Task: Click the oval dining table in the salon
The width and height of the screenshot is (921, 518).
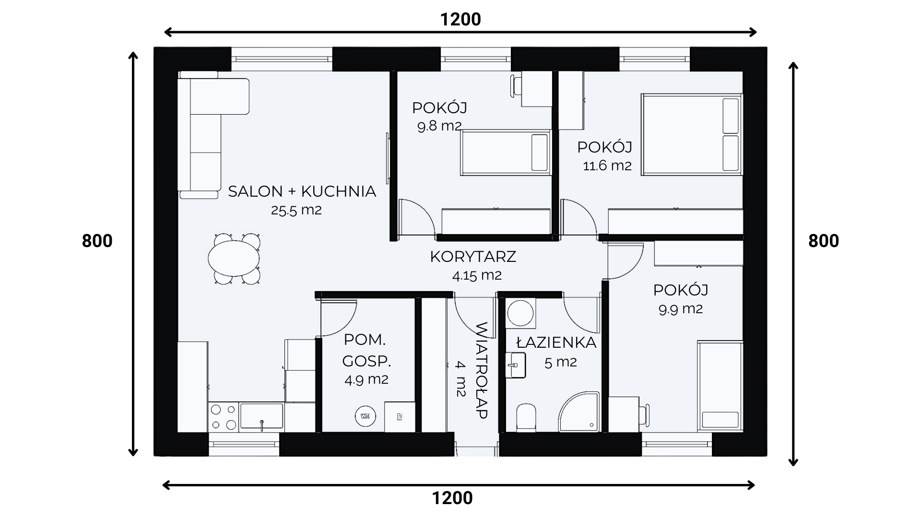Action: point(234,258)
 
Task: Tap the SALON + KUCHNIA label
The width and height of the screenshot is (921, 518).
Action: point(302,191)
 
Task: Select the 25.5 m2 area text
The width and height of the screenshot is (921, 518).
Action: point(296,210)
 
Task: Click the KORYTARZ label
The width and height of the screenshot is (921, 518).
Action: point(473,257)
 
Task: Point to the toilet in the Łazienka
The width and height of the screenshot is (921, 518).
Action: point(526,416)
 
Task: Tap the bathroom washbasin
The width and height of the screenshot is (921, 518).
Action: point(516,365)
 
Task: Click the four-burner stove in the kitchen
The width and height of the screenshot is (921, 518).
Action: point(224,417)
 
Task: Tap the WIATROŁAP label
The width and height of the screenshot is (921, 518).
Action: point(481,370)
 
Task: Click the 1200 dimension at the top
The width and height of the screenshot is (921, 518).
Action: point(460,19)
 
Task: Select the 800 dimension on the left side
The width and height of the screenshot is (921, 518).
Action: point(97,241)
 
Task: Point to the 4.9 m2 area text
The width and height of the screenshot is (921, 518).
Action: point(366,379)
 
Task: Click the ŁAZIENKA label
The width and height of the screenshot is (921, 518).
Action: point(556,342)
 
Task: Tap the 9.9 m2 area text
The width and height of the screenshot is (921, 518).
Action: point(681,309)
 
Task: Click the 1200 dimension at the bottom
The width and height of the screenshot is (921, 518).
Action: point(452,498)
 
